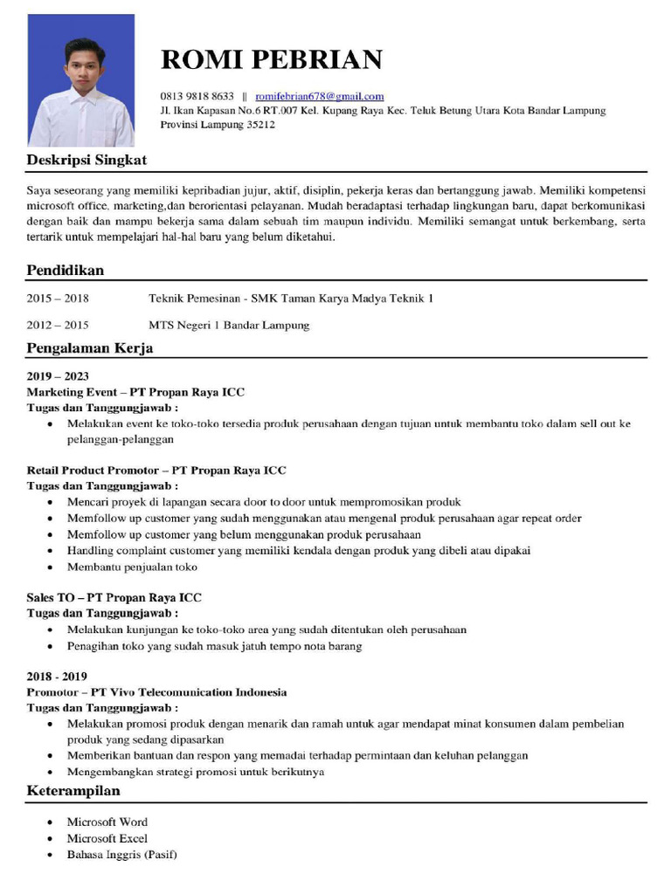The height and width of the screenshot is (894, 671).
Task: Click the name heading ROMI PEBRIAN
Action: point(272,59)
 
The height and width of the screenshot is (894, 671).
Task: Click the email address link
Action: point(320,96)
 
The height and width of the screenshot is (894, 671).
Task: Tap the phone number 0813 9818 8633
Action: point(197,96)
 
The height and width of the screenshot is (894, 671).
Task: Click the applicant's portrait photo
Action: point(81,80)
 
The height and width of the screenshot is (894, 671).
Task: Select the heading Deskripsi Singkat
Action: point(86,160)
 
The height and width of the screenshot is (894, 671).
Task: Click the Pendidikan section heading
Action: point(66,270)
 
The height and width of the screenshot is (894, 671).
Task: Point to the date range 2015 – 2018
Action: point(58,299)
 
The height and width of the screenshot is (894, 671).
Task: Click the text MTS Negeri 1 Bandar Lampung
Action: point(229,326)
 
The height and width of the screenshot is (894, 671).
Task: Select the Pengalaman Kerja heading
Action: point(90,348)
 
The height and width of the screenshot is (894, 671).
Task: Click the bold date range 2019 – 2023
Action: point(58,376)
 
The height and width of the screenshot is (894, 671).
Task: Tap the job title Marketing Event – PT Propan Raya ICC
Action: point(135,392)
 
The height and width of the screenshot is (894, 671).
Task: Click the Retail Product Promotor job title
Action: point(156,471)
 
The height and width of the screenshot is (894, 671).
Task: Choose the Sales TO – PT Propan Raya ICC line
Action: point(114,598)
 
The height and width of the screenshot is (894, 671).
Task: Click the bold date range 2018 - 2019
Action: point(57,677)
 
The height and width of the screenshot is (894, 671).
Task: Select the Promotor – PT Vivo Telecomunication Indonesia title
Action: point(156,692)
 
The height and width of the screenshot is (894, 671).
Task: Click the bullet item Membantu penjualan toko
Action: point(132,567)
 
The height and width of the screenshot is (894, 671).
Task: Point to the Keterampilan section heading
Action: point(73,791)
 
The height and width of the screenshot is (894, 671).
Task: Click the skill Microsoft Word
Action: point(107,822)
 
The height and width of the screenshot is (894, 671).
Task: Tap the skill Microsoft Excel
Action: point(107,838)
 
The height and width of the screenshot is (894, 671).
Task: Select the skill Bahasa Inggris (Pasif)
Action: point(122,854)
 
